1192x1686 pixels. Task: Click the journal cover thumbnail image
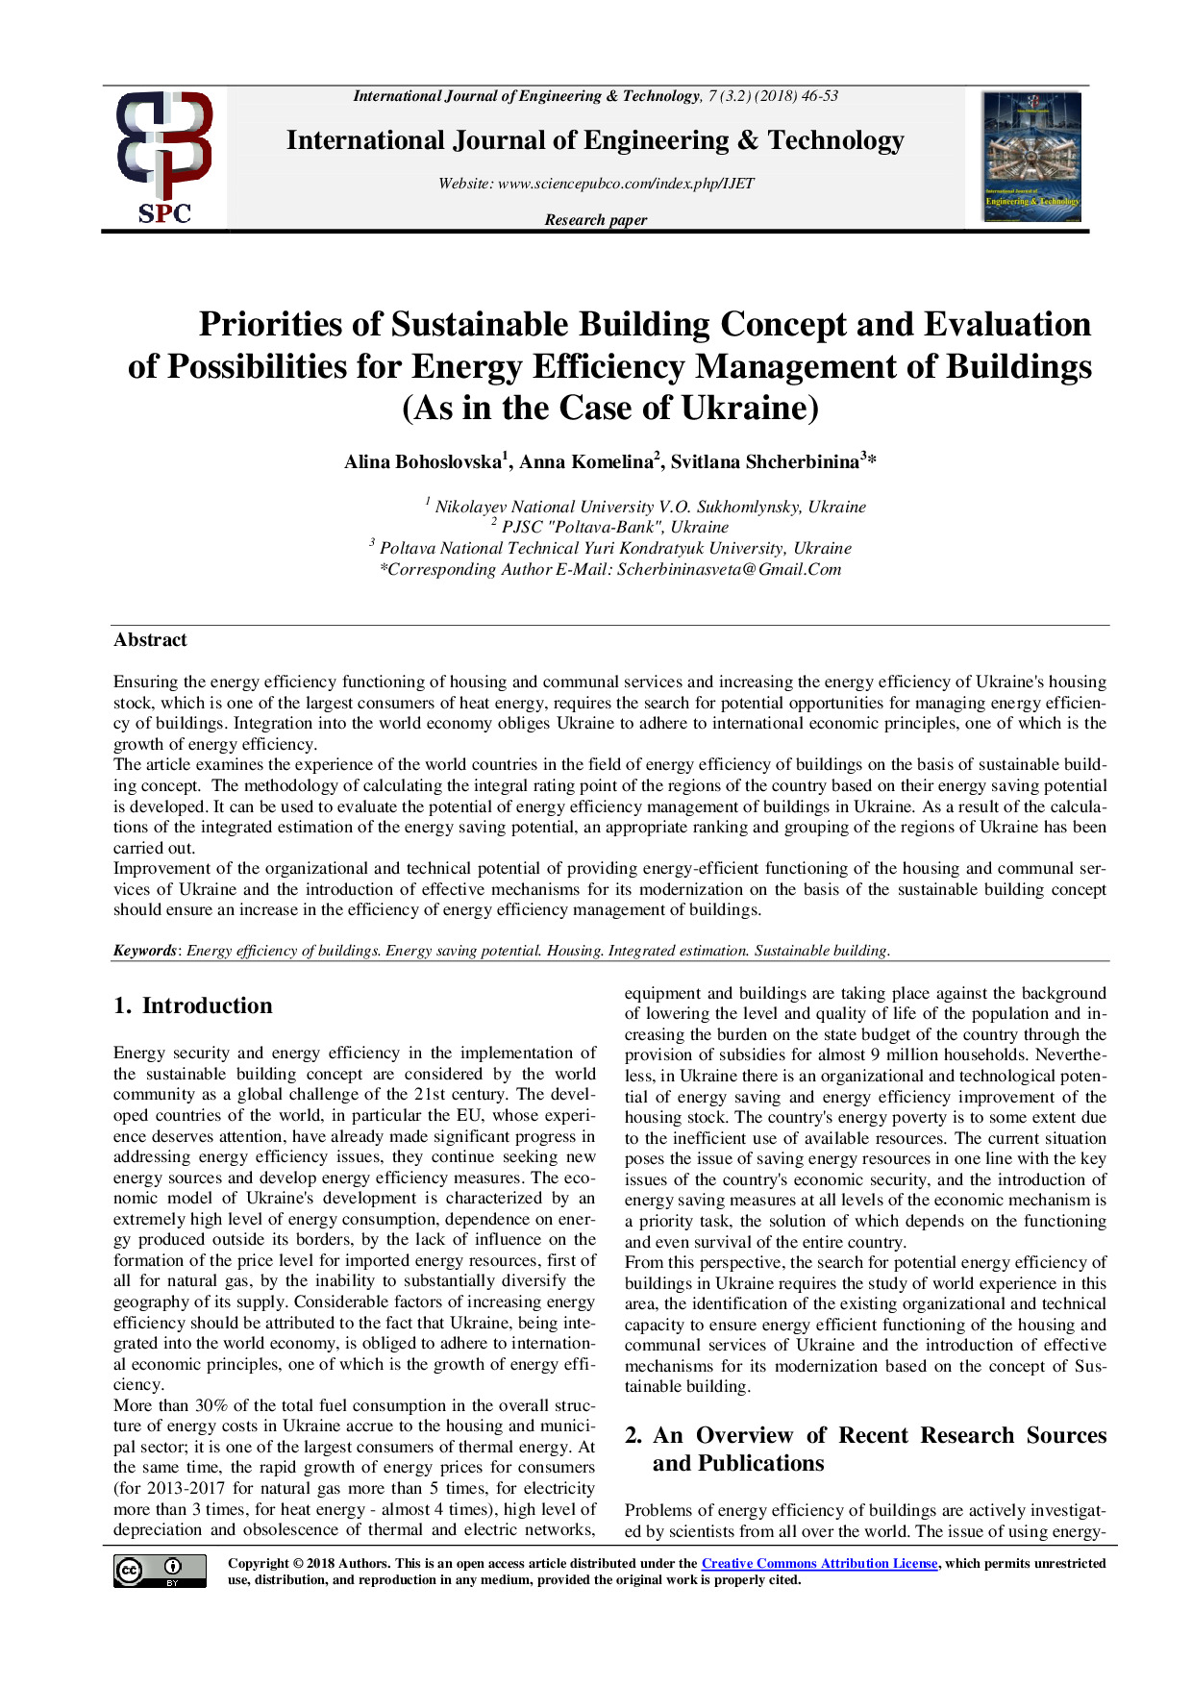tap(1031, 157)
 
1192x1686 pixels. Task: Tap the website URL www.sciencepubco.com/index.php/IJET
tap(626, 184)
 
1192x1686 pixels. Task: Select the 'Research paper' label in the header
tap(596, 220)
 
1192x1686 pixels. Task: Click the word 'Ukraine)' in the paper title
tap(750, 409)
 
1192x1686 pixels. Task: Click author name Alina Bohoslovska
tap(423, 462)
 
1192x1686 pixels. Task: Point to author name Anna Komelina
tap(585, 462)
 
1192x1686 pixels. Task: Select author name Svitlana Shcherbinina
tap(764, 462)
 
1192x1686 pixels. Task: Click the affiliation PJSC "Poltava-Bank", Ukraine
tap(615, 527)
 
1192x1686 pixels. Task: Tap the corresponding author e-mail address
tap(729, 569)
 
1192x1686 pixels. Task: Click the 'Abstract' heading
tap(150, 640)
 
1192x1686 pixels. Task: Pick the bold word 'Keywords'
tap(145, 951)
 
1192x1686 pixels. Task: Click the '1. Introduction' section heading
tap(193, 1005)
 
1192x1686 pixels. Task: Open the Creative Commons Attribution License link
tap(819, 1564)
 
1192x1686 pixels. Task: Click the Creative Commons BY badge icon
tap(160, 1571)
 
